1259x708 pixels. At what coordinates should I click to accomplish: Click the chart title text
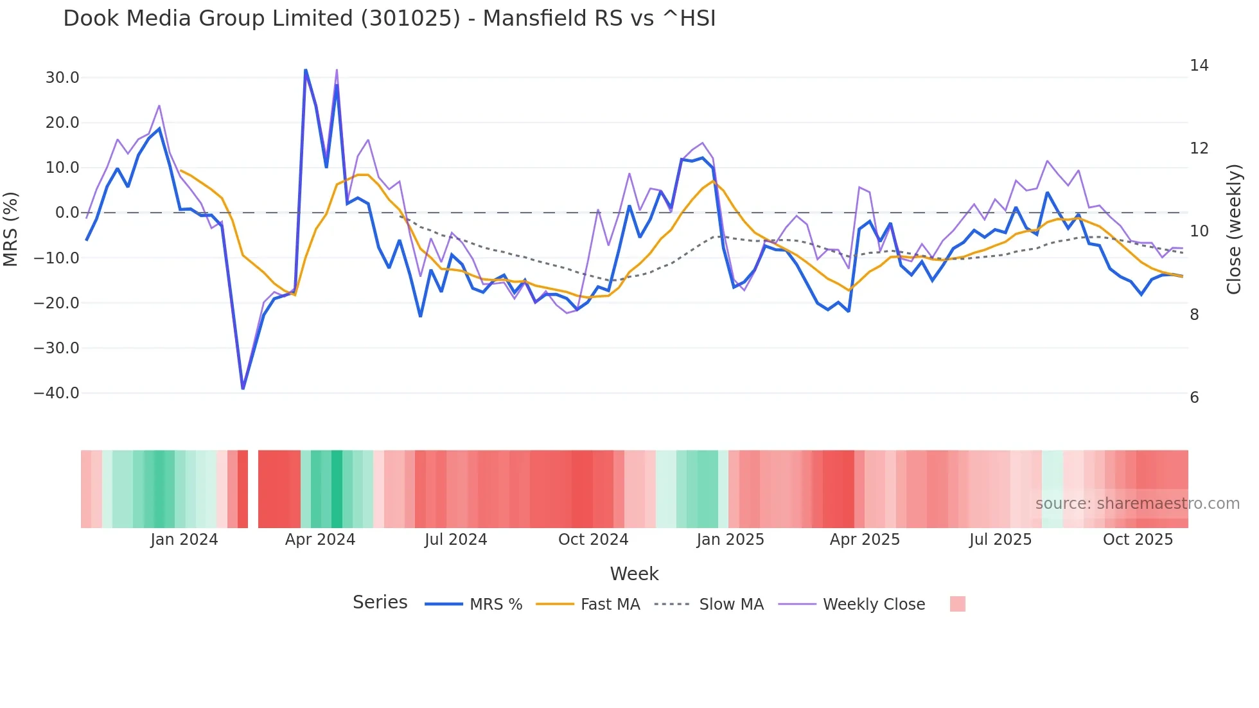point(389,18)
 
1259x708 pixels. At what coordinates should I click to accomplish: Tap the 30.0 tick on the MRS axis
point(62,78)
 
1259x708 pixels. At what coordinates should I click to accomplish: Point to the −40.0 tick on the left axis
point(57,393)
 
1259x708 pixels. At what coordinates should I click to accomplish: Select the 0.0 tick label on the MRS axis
point(67,213)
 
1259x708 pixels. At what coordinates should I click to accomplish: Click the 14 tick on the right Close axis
point(1199,66)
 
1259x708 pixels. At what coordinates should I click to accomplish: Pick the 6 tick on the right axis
point(1194,398)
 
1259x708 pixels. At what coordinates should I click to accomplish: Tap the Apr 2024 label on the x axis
point(320,540)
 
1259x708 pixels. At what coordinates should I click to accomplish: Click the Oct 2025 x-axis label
point(1138,540)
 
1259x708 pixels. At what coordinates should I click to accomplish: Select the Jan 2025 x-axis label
point(730,540)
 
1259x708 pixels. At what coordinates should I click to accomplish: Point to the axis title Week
point(634,574)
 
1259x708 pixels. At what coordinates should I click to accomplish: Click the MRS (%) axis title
point(11,229)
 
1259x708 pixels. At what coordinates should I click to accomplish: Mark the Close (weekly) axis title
point(1234,229)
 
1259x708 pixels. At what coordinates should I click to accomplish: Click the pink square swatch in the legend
point(957,604)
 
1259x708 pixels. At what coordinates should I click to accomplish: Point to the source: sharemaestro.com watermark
point(1137,504)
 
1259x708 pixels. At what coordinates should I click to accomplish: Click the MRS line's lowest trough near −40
point(243,388)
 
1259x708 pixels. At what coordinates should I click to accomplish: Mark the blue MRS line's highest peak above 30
point(305,69)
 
